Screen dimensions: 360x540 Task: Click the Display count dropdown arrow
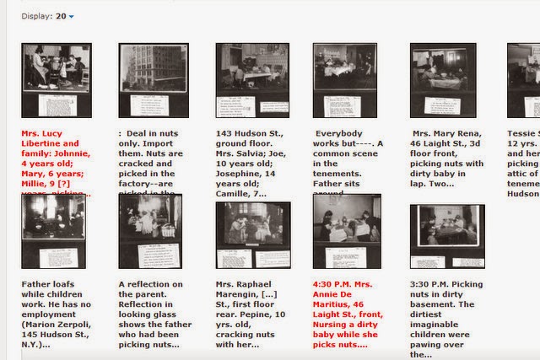[x=72, y=16]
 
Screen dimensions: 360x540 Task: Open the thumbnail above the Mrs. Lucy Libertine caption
[x=57, y=80]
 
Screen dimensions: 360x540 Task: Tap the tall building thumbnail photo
[x=153, y=80]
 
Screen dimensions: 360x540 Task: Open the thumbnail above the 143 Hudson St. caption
[x=252, y=80]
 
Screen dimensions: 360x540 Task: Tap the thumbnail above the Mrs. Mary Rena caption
[x=444, y=80]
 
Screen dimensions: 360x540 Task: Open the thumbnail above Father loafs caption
[x=53, y=230]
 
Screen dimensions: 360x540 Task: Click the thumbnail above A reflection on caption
[x=150, y=230]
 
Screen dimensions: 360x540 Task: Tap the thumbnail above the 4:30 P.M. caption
[x=347, y=230]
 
